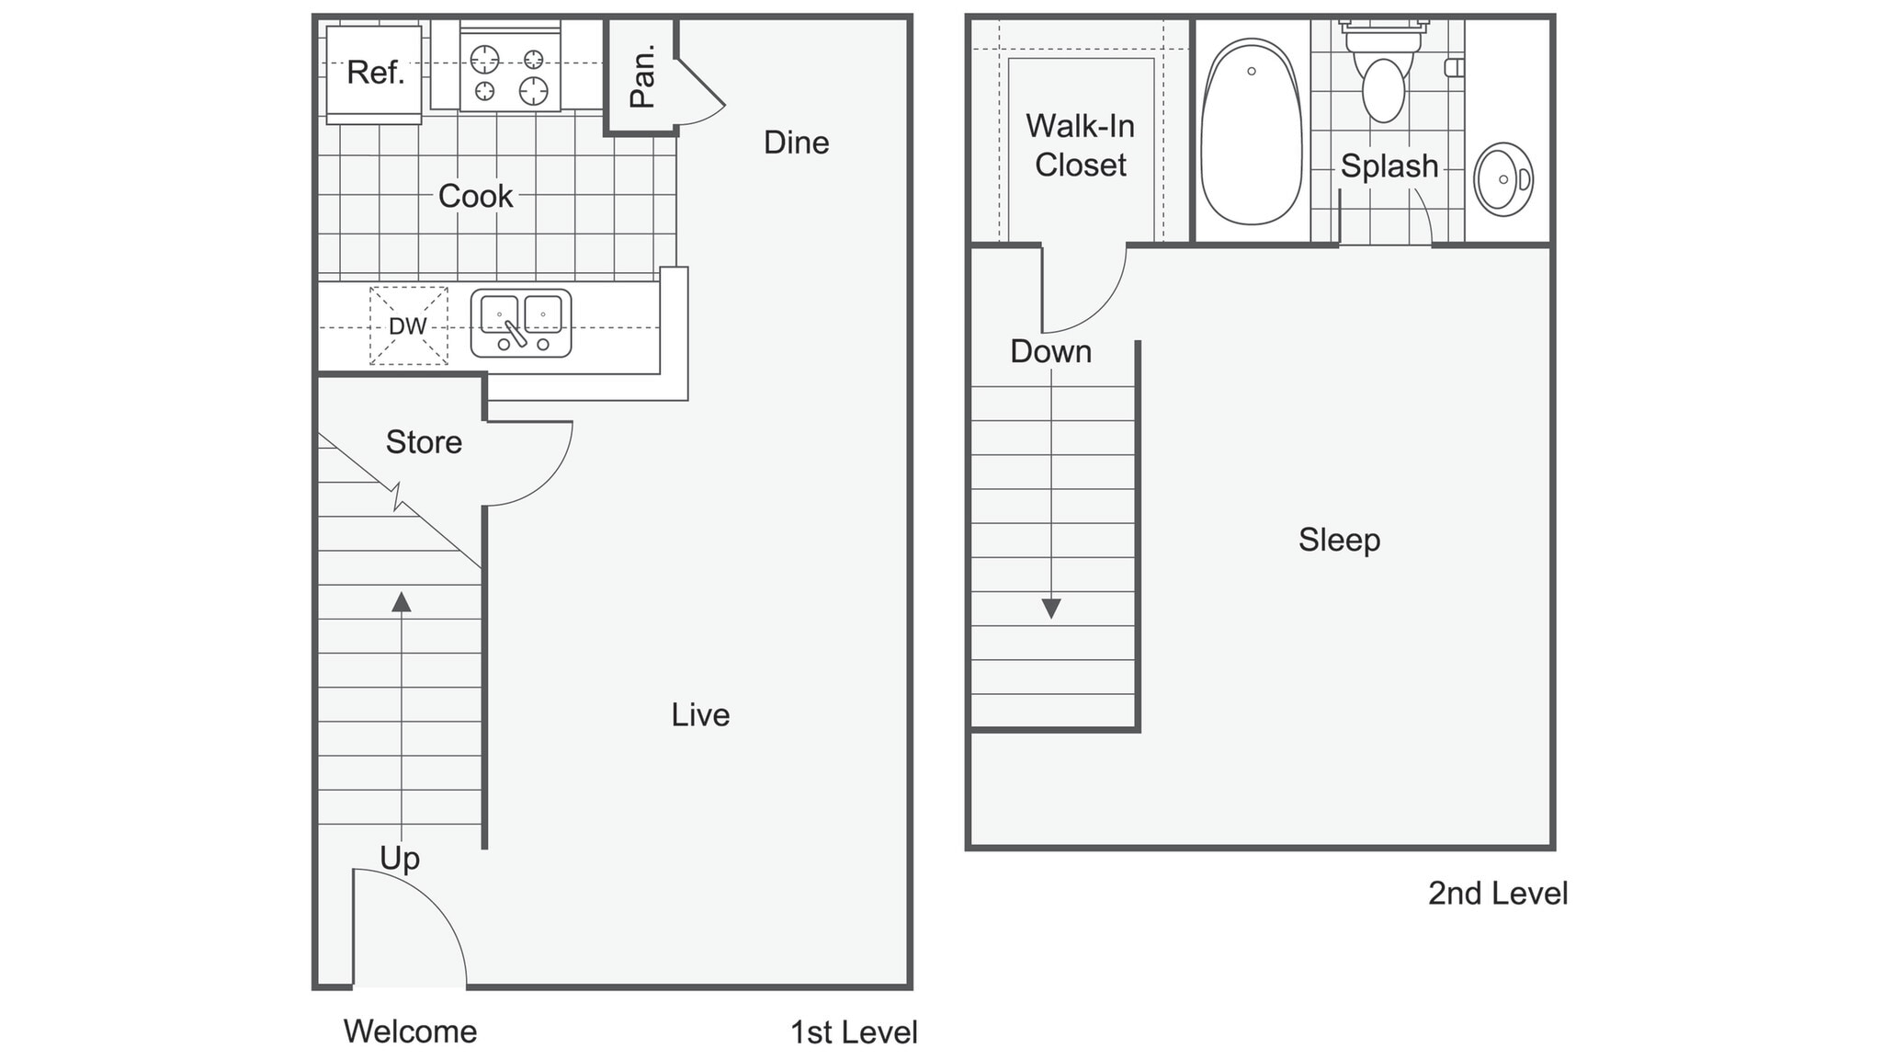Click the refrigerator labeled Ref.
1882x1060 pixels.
pyautogui.click(x=374, y=73)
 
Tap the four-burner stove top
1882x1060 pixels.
pyautogui.click(x=509, y=75)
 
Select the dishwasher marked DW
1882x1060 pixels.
pyautogui.click(x=408, y=326)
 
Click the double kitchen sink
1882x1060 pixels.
pyautogui.click(x=521, y=324)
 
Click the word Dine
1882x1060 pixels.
pyautogui.click(x=796, y=142)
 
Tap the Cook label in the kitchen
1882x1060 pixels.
pyautogui.click(x=475, y=196)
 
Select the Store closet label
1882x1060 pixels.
pyautogui.click(x=423, y=442)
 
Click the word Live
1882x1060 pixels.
pyautogui.click(x=700, y=715)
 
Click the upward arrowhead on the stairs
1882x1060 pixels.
pyautogui.click(x=401, y=602)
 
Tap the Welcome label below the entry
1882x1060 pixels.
pyautogui.click(x=410, y=1032)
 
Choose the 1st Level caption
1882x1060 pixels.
pyautogui.click(x=854, y=1032)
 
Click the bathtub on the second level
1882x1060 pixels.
pyautogui.click(x=1251, y=131)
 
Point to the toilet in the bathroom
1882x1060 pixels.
pyautogui.click(x=1383, y=78)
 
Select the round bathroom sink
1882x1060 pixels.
pyautogui.click(x=1502, y=179)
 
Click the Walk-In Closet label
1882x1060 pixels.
pyautogui.click(x=1080, y=145)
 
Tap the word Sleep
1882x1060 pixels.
pyautogui.click(x=1339, y=540)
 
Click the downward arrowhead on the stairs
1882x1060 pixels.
pyautogui.click(x=1051, y=609)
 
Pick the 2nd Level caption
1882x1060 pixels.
pyautogui.click(x=1497, y=894)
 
